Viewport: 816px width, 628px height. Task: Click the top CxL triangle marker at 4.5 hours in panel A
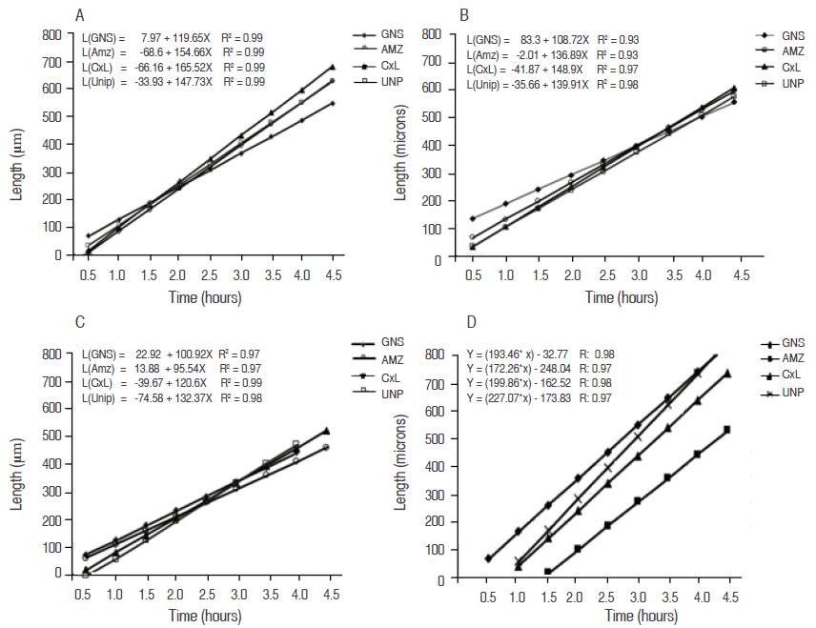(332, 68)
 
